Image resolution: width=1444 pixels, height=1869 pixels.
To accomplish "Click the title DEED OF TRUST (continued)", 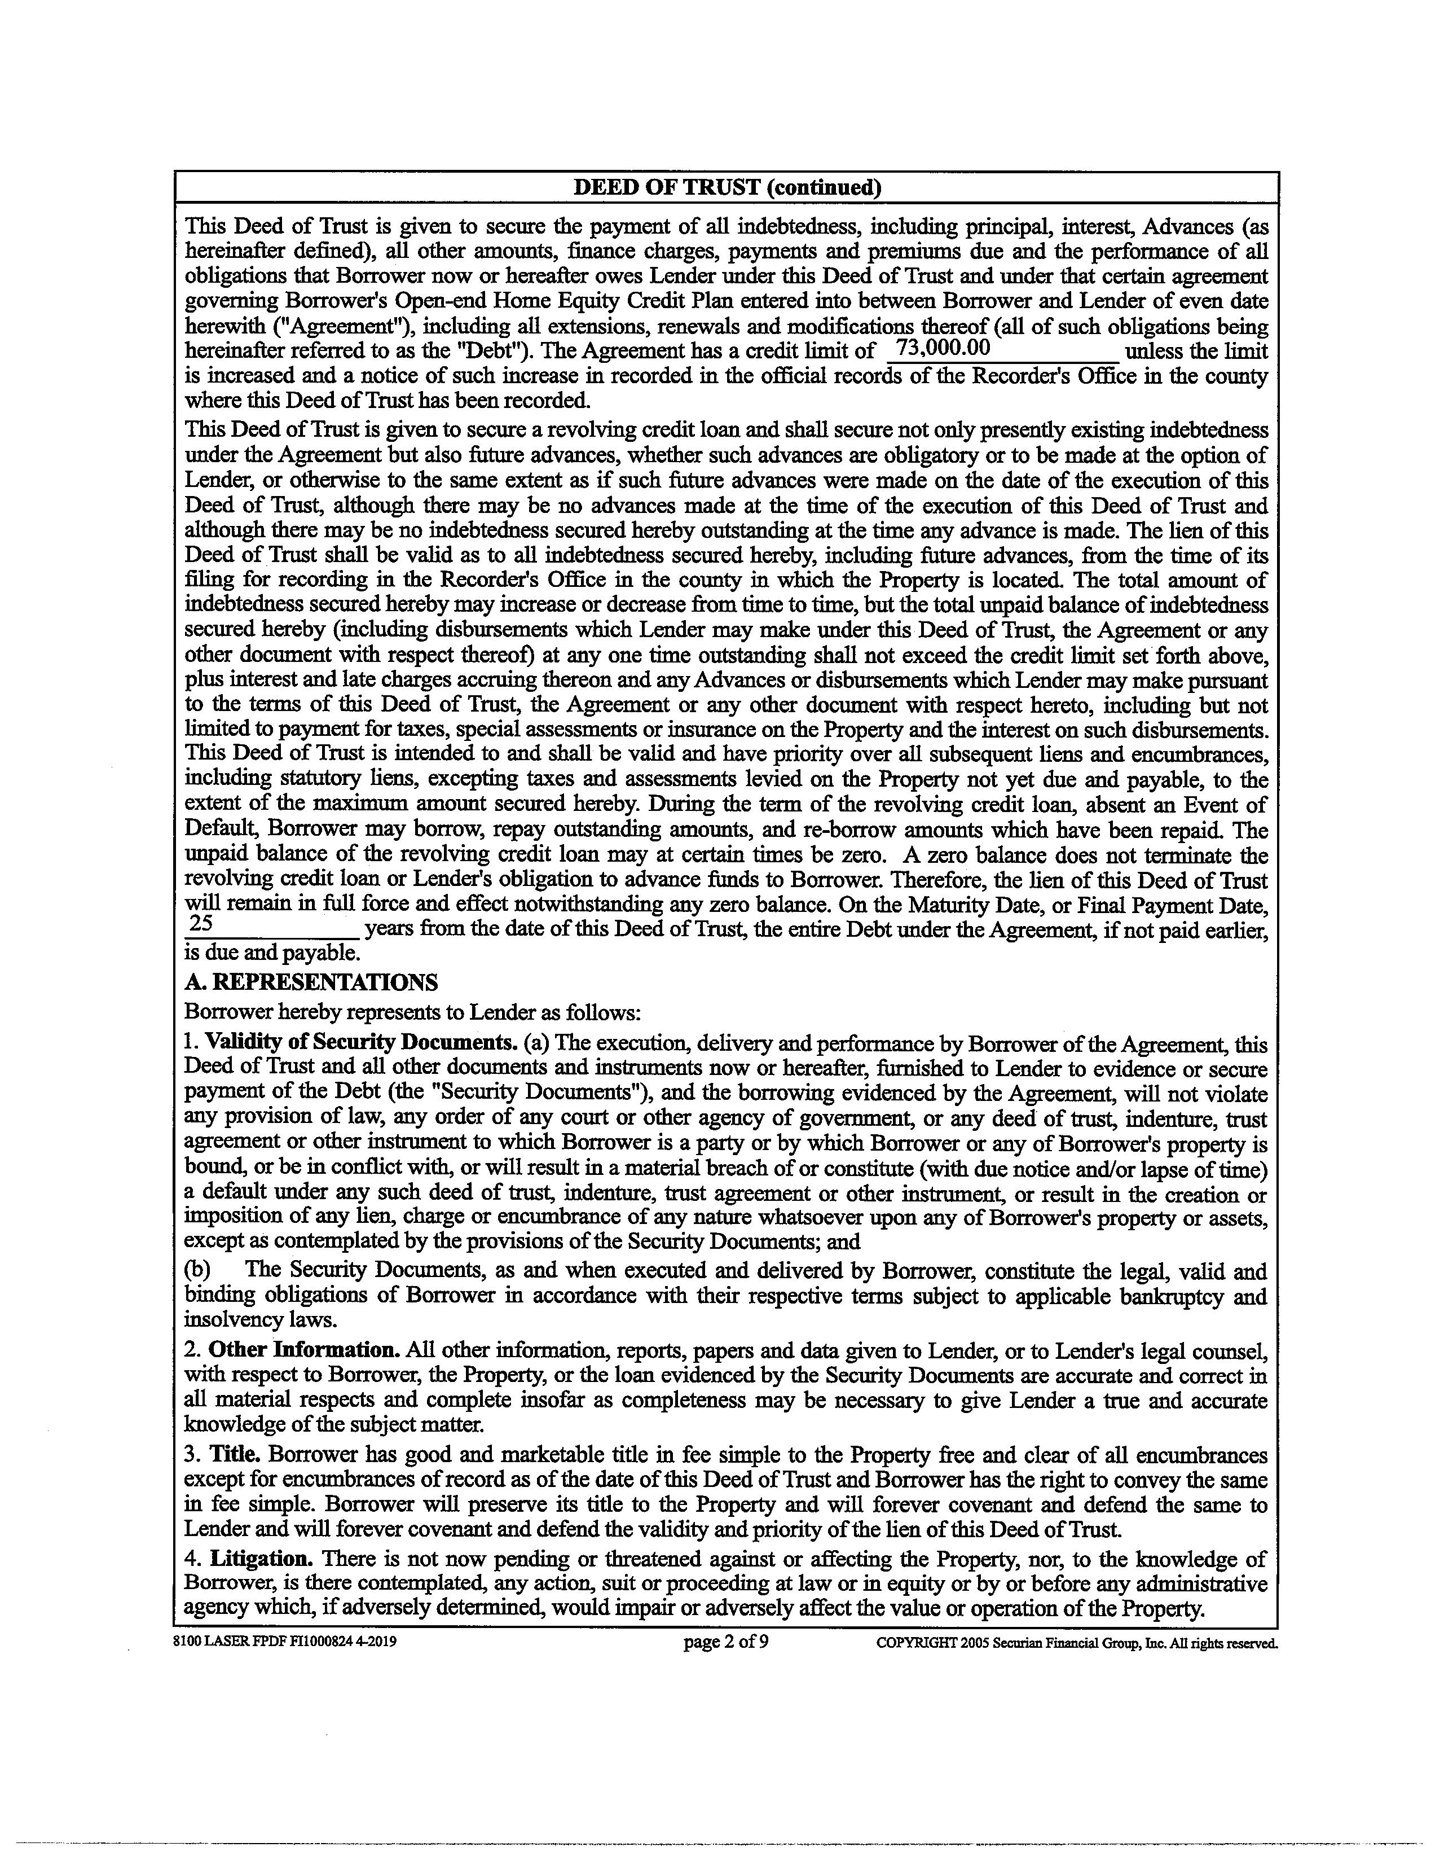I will tap(727, 187).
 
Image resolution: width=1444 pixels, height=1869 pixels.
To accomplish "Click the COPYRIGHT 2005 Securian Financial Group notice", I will tap(1077, 1643).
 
